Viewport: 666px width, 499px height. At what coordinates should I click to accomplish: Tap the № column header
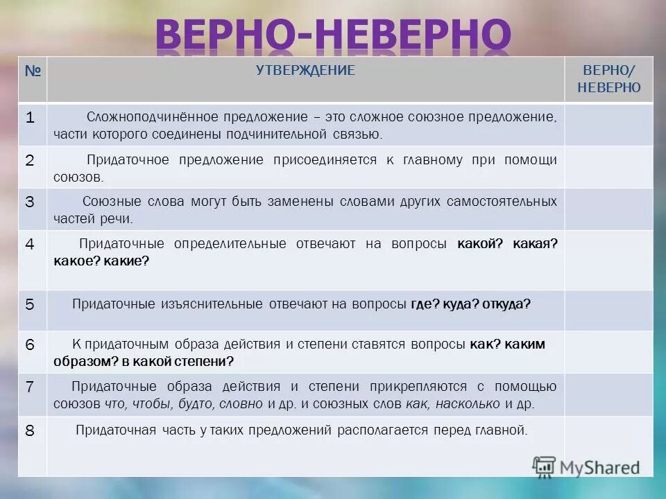pyautogui.click(x=32, y=72)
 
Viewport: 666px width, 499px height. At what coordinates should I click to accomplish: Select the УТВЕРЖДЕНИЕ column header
pyautogui.click(x=305, y=70)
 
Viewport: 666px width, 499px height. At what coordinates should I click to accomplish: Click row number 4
pyautogui.click(x=30, y=244)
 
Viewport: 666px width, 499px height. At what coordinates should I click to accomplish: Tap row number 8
pyautogui.click(x=30, y=430)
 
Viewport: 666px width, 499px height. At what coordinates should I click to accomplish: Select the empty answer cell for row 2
pyautogui.click(x=608, y=167)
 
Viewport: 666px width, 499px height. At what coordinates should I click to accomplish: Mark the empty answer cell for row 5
pyautogui.click(x=608, y=310)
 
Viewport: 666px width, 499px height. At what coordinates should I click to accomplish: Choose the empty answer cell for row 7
pyautogui.click(x=608, y=394)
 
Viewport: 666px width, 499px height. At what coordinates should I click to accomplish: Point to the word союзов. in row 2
pyautogui.click(x=78, y=177)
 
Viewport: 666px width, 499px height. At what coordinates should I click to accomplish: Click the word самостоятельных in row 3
pyautogui.click(x=513, y=202)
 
